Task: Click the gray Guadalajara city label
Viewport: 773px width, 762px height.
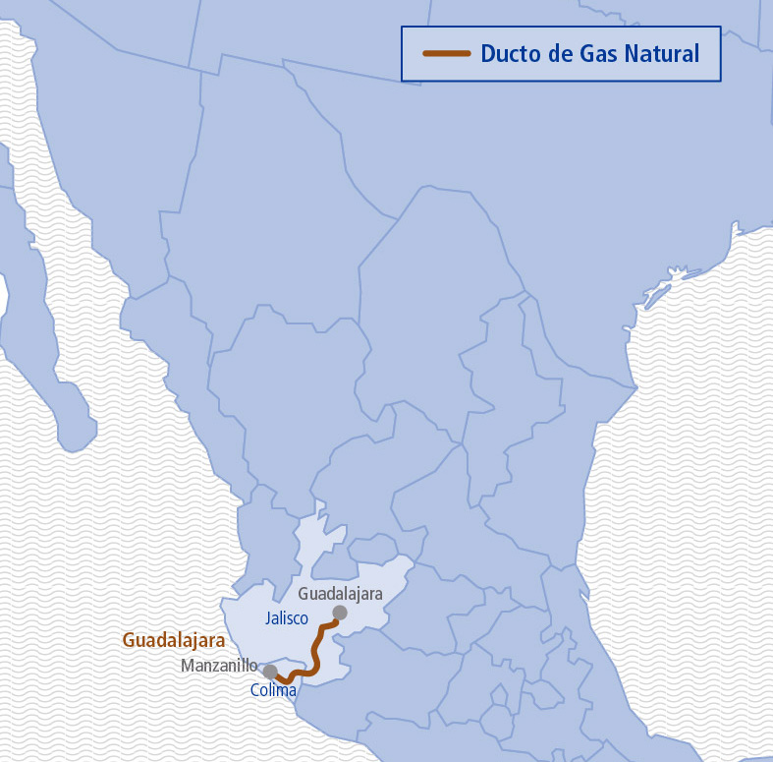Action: pos(340,594)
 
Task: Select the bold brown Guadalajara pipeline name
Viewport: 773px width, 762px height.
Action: pos(174,640)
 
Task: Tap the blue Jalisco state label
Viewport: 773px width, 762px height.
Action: pos(287,618)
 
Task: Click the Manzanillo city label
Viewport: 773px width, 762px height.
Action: pos(218,666)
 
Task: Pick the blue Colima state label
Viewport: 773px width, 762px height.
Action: pos(273,691)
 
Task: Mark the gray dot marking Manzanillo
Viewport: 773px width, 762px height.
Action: pos(270,672)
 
